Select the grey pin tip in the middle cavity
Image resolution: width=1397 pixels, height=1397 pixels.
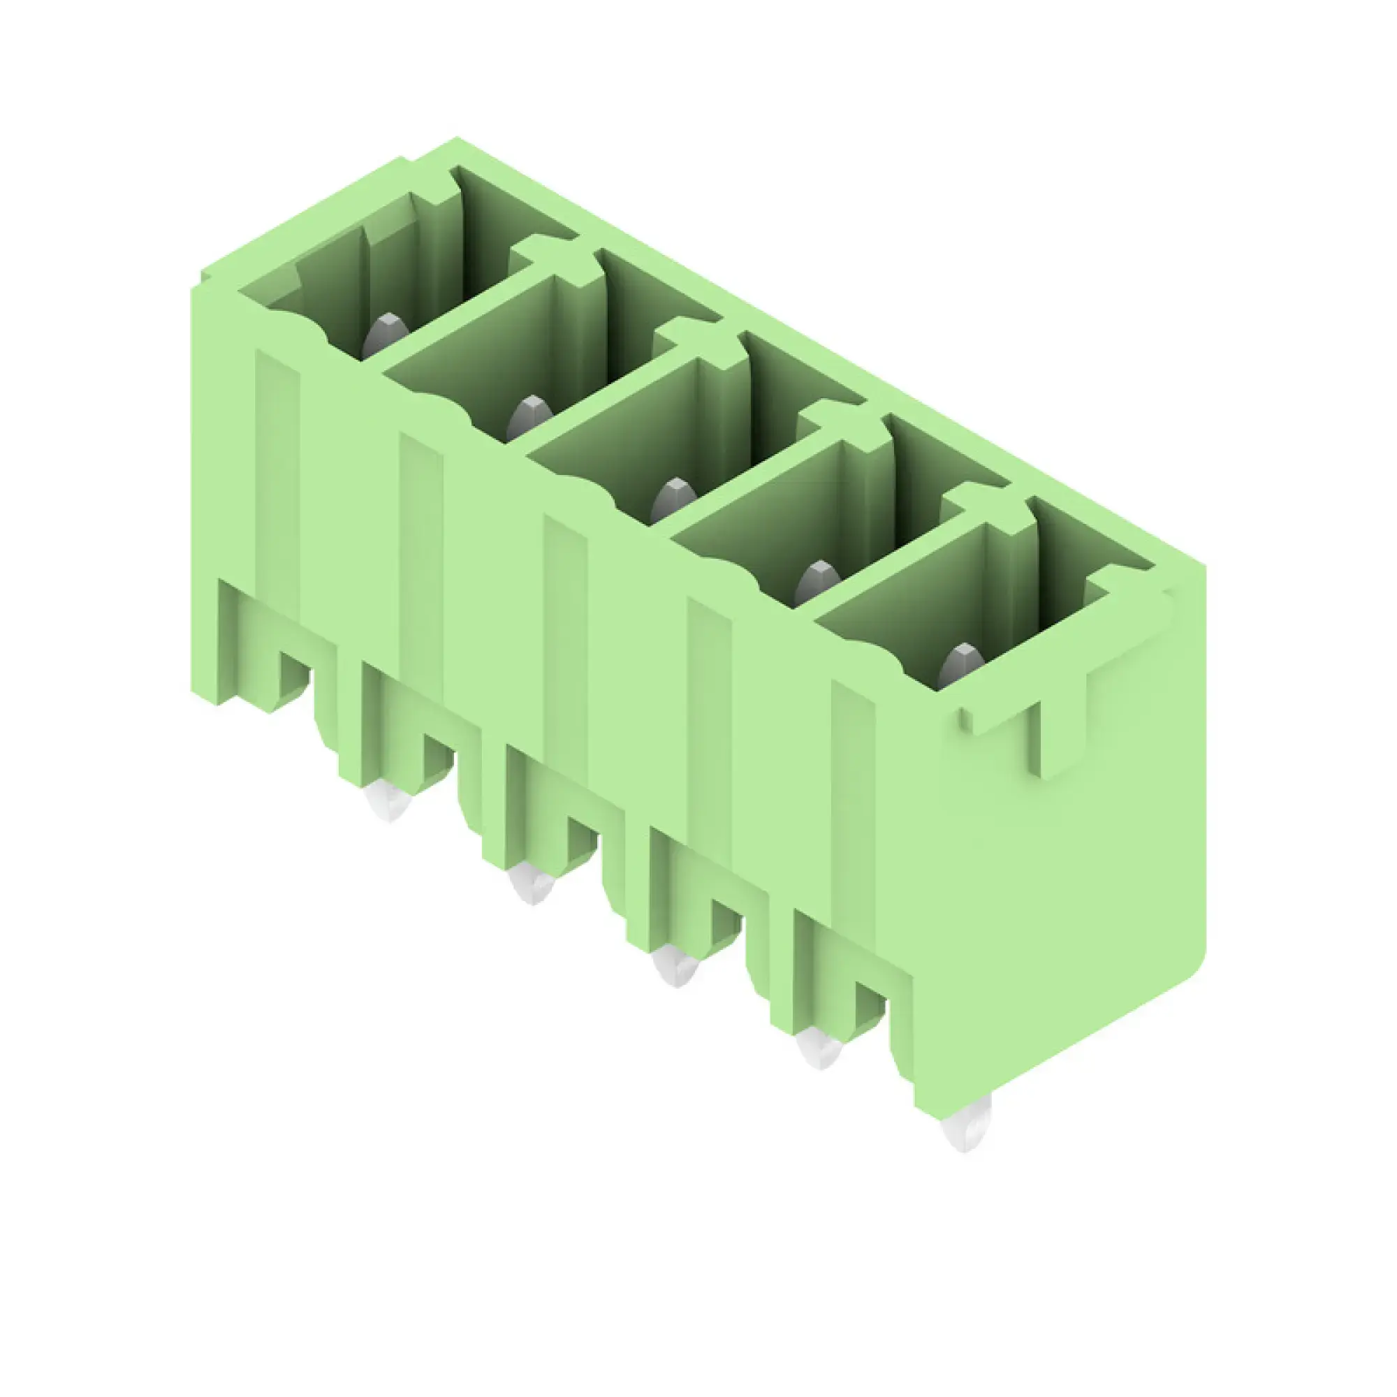pyautogui.click(x=673, y=499)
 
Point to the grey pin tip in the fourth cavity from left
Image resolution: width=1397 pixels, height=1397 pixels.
pyautogui.click(x=817, y=581)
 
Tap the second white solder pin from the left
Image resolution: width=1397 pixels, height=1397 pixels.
pyautogui.click(x=532, y=884)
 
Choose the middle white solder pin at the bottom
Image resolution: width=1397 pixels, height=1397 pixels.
pyautogui.click(x=675, y=966)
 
